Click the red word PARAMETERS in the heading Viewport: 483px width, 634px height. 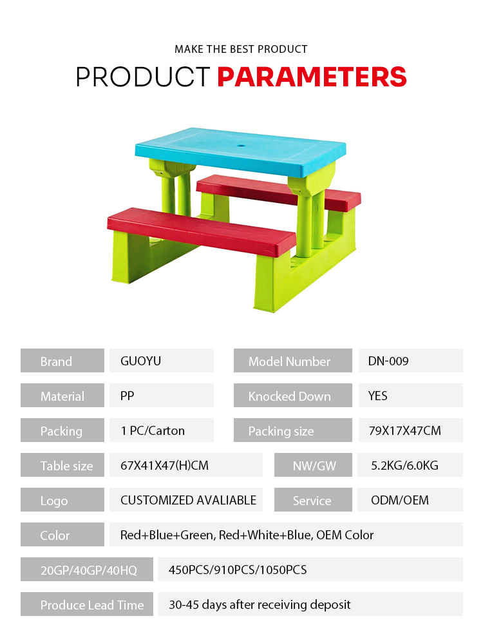click(312, 77)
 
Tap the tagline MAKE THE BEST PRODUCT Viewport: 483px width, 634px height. click(241, 50)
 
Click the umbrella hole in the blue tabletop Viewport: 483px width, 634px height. click(241, 145)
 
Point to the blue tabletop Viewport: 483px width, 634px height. click(241, 151)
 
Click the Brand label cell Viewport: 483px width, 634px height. click(62, 361)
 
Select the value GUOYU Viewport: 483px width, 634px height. click(140, 361)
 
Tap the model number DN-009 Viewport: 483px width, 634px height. click(388, 361)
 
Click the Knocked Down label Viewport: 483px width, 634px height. click(289, 396)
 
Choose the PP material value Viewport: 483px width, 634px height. click(127, 396)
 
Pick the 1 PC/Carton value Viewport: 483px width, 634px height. click(153, 430)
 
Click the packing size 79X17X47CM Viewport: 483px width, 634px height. click(404, 430)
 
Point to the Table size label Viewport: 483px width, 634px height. click(67, 466)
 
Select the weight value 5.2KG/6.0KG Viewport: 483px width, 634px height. click(404, 465)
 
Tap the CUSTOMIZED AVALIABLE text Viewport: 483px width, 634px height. click(188, 500)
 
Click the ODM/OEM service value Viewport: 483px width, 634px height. click(400, 500)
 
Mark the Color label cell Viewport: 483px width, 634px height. click(62, 535)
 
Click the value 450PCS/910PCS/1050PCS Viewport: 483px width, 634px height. click(238, 570)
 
